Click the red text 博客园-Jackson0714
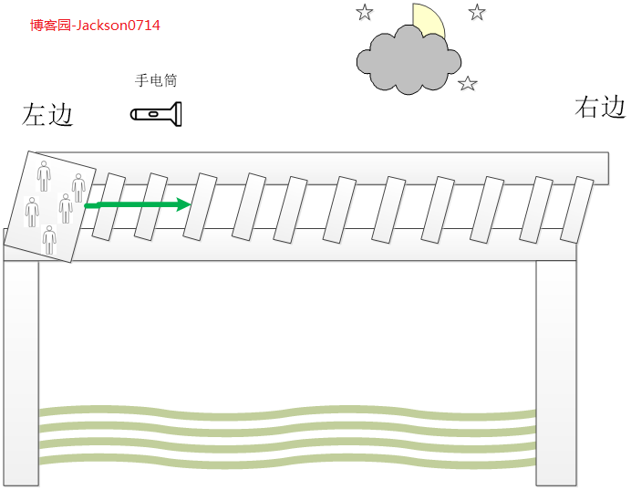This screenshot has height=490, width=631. (x=95, y=26)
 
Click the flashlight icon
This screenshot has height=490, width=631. (x=156, y=114)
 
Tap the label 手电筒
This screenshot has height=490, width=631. (x=156, y=80)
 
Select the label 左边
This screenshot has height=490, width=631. (x=47, y=114)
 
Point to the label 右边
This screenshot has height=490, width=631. (x=600, y=107)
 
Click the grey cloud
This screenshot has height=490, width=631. (x=409, y=60)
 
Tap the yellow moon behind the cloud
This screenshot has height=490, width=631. (x=429, y=20)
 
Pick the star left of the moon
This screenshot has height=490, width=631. (x=365, y=12)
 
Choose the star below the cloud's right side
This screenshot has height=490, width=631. (x=467, y=84)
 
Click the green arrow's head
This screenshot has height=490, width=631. (x=184, y=204)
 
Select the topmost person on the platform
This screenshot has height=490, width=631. (x=44, y=176)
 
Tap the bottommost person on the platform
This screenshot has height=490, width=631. (x=49, y=240)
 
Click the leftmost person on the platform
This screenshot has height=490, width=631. (x=32, y=212)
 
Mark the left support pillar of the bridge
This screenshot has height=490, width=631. (x=22, y=373)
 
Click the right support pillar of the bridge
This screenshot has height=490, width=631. (x=556, y=373)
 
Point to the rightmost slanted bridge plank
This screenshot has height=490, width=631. (x=577, y=209)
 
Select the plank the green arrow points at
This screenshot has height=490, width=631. (x=200, y=206)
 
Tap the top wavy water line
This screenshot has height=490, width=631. (x=287, y=412)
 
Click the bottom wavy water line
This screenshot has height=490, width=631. (x=287, y=462)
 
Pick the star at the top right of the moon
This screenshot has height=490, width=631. (x=477, y=12)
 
